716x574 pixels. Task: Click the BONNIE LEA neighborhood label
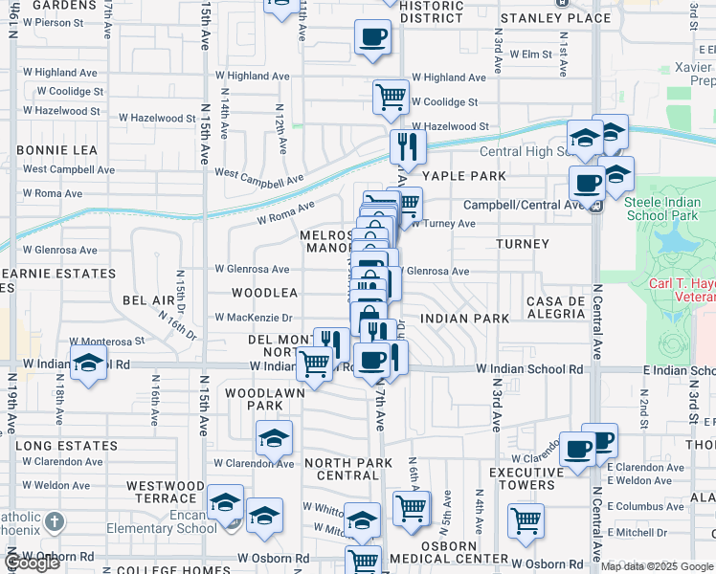(56, 150)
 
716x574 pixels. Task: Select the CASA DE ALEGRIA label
(555, 308)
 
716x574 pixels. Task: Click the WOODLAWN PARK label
(265, 399)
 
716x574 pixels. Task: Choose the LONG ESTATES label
(66, 446)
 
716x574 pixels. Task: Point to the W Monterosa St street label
(106, 341)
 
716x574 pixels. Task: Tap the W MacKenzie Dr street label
(254, 318)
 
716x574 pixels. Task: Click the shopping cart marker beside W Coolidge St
(391, 95)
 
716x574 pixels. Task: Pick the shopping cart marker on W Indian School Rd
(314, 363)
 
